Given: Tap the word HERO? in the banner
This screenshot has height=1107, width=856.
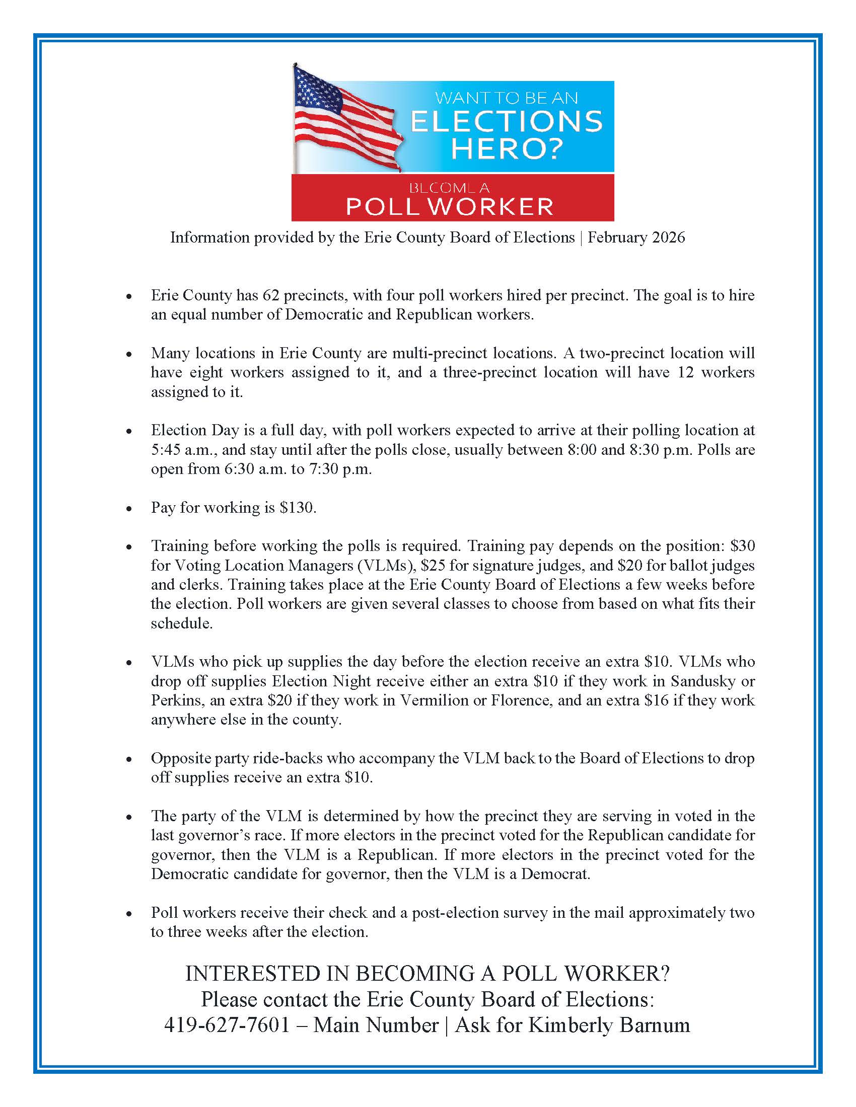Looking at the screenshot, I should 507,148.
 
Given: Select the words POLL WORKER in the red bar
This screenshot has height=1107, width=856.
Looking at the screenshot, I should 449,206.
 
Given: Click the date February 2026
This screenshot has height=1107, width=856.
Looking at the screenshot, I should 636,237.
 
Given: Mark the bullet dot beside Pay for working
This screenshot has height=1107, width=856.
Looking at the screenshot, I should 130,508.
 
